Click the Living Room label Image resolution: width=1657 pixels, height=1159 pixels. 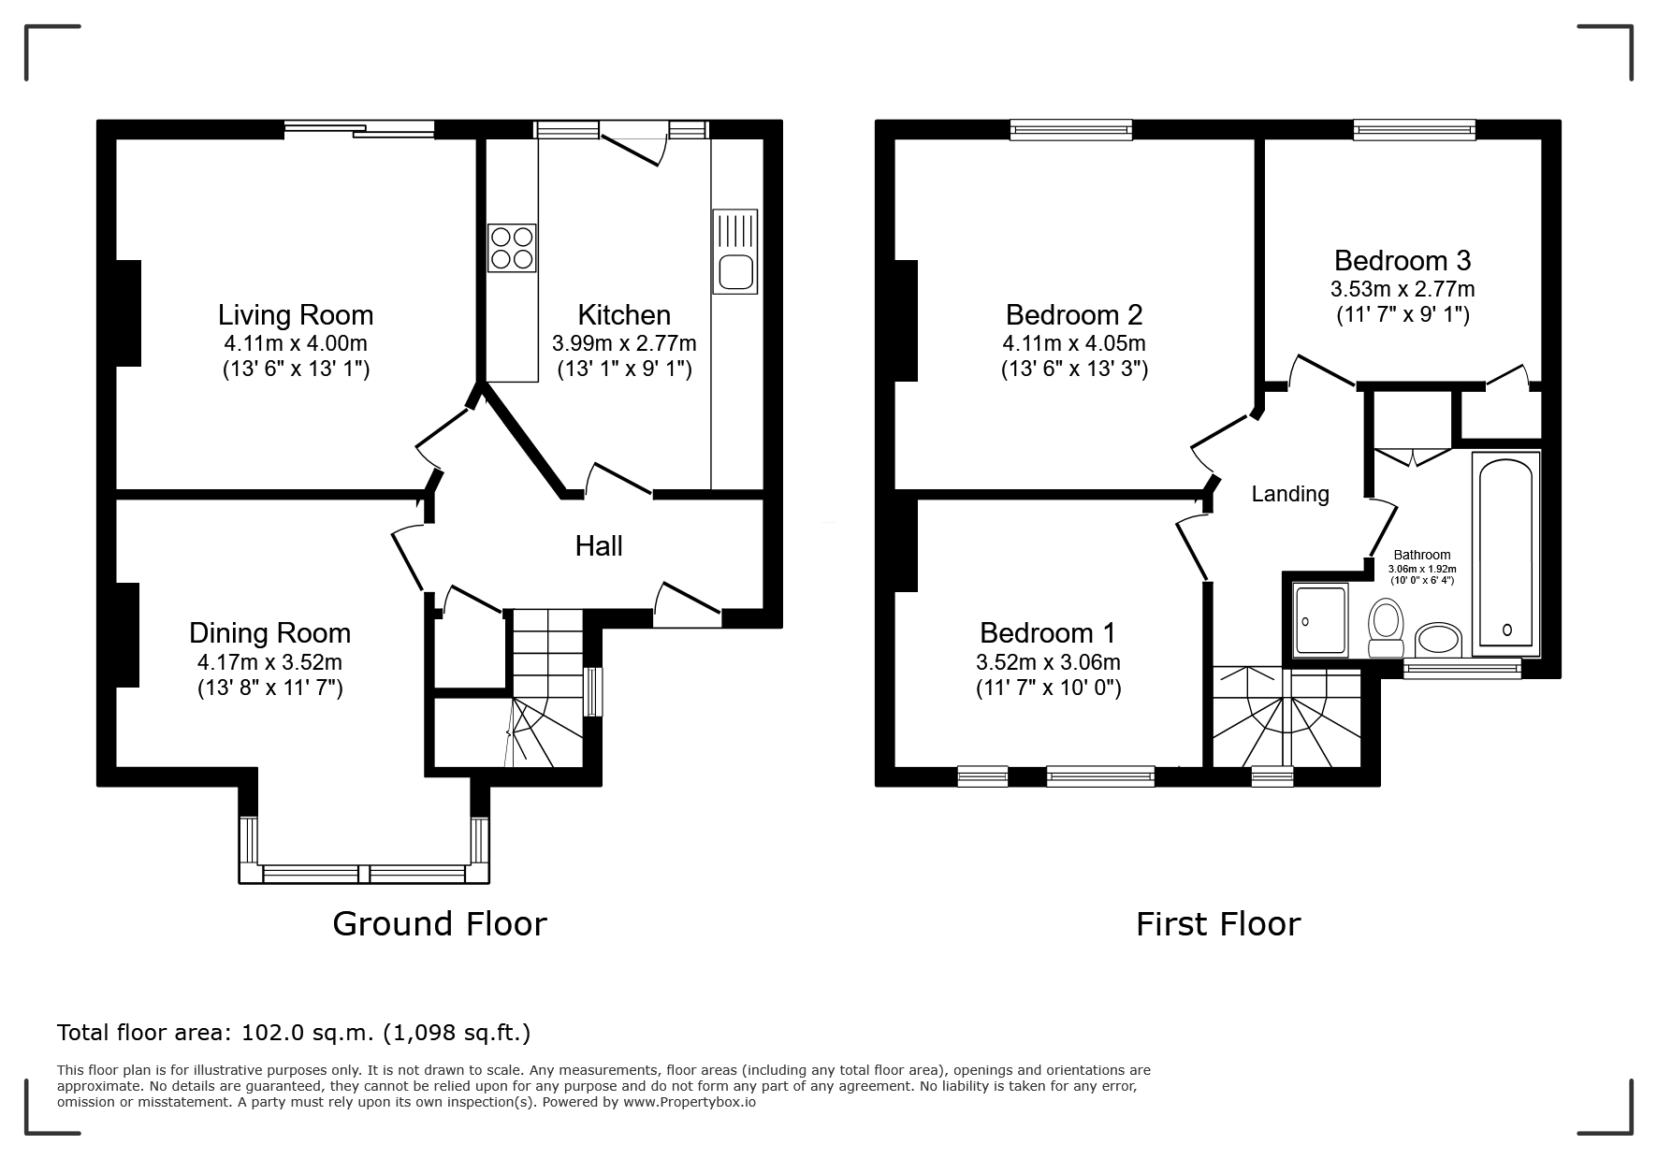click(x=296, y=315)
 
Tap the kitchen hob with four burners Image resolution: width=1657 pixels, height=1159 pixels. click(x=512, y=248)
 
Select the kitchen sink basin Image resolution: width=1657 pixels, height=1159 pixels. click(x=734, y=271)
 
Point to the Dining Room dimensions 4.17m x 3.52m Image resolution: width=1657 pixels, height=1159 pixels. click(x=269, y=662)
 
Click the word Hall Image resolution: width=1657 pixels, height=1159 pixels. click(x=599, y=546)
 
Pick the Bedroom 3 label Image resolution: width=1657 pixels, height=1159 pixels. click(x=1403, y=260)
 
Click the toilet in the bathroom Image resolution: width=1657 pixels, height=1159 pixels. click(x=1385, y=629)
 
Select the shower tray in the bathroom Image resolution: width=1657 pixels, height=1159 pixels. click(x=1320, y=619)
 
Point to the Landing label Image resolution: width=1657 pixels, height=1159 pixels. click(x=1290, y=494)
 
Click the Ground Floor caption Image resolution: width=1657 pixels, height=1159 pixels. click(x=440, y=924)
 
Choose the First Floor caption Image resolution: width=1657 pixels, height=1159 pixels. click(x=1218, y=924)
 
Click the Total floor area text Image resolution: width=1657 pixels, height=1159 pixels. click(x=294, y=1033)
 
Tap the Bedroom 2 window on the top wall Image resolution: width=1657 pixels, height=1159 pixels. click(x=1071, y=130)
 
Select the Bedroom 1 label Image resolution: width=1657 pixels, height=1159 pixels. click(x=1048, y=633)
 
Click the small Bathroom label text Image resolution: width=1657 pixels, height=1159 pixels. click(x=1422, y=555)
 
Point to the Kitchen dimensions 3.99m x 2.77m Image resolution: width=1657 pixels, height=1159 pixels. click(x=624, y=343)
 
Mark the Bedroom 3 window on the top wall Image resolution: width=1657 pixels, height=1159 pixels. click(x=1415, y=130)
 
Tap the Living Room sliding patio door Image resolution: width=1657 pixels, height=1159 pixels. click(x=360, y=130)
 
